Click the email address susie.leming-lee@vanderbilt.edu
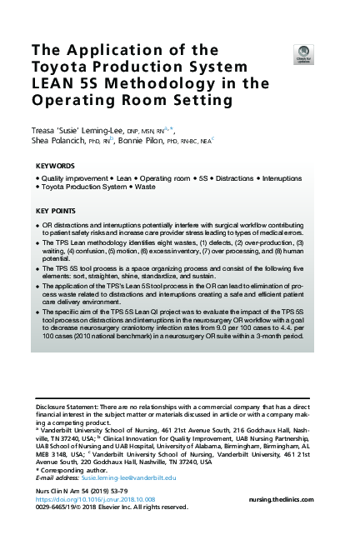tap(128, 477)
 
